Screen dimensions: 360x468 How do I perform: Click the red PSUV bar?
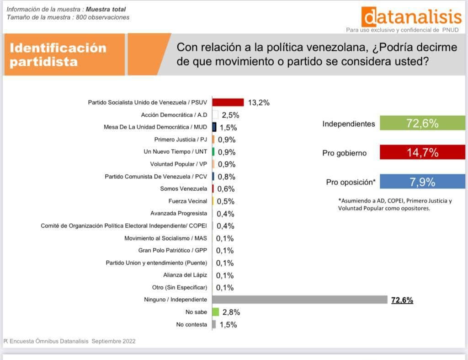[228, 102]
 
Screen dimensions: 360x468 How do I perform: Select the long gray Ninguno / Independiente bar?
[300, 300]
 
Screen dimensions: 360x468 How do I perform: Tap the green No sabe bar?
[216, 312]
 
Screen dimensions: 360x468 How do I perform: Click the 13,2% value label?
[259, 102]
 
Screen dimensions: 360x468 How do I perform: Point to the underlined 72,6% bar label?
[402, 300]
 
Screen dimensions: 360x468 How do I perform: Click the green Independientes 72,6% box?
[422, 124]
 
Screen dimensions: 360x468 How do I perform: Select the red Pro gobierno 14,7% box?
[422, 153]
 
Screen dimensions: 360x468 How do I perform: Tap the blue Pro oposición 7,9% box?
[422, 182]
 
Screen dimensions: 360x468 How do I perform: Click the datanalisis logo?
[411, 17]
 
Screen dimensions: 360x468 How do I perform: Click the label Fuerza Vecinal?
[187, 201]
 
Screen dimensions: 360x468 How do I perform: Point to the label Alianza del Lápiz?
[185, 275]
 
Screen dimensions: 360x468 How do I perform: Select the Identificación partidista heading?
[58, 54]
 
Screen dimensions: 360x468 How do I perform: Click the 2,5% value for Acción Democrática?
[230, 115]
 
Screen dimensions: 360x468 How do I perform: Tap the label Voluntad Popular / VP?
[179, 164]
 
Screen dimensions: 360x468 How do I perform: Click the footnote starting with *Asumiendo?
[395, 204]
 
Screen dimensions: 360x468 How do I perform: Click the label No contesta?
[191, 325]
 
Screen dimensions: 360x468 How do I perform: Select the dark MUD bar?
[214, 127]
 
